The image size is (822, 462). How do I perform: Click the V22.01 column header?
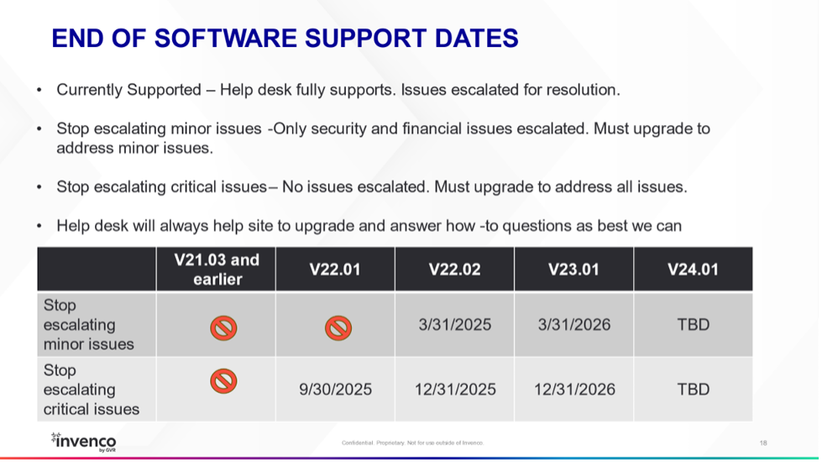pyautogui.click(x=335, y=270)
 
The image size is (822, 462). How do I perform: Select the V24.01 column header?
pyautogui.click(x=693, y=270)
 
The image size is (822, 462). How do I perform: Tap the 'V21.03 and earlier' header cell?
pyautogui.click(x=217, y=270)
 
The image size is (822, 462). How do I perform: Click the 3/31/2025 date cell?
pyautogui.click(x=454, y=324)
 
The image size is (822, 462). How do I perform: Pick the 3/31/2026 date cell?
pyautogui.click(x=574, y=324)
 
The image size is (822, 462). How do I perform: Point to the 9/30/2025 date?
pyautogui.click(x=336, y=390)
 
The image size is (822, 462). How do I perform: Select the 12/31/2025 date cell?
pyautogui.click(x=455, y=390)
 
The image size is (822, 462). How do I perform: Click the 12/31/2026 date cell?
pyautogui.click(x=574, y=390)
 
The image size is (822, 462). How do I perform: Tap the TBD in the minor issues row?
pyautogui.click(x=693, y=324)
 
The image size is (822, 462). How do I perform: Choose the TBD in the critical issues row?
pyautogui.click(x=693, y=390)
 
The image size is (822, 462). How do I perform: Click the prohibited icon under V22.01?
pyautogui.click(x=338, y=328)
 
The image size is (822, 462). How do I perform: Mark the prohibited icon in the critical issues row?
pyautogui.click(x=223, y=381)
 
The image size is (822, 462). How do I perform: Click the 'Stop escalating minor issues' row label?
pyautogui.click(x=89, y=324)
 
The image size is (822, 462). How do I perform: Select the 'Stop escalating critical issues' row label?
pyautogui.click(x=92, y=390)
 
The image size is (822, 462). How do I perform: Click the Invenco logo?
pyautogui.click(x=83, y=442)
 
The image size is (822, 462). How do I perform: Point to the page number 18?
pyautogui.click(x=763, y=444)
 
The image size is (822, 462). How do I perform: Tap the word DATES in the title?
pyautogui.click(x=477, y=39)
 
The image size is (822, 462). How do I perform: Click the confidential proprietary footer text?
pyautogui.click(x=412, y=444)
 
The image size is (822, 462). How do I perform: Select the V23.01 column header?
pyautogui.click(x=573, y=270)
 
